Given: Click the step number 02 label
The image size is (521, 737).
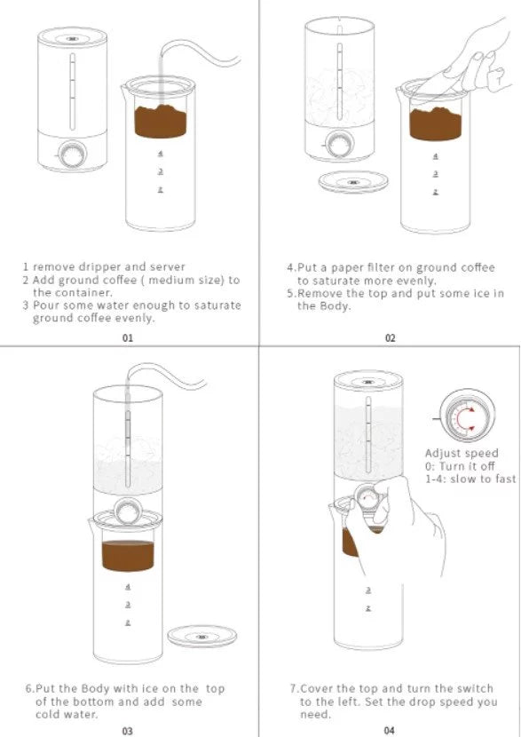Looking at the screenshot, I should pos(390,338).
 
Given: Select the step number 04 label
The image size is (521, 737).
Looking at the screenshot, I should pos(390,731).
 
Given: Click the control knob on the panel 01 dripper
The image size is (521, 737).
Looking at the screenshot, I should pos(72,155).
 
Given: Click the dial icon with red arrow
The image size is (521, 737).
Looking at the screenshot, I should pos(465,416).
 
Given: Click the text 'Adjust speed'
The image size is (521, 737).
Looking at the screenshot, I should pos(462,454).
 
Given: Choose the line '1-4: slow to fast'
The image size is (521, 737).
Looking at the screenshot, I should pos(470,479).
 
